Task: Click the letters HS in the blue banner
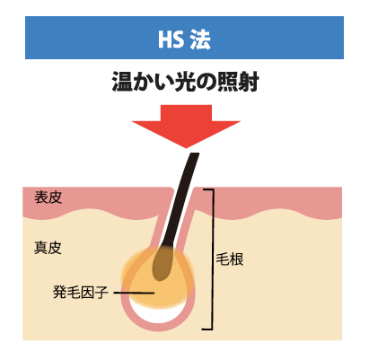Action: click(171, 40)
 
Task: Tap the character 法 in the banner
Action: click(200, 40)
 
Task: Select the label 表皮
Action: click(48, 198)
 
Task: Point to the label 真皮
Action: click(48, 248)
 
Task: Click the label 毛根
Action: click(230, 259)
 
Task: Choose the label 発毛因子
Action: click(80, 292)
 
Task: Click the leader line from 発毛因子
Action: click(134, 293)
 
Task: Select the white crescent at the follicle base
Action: click(158, 314)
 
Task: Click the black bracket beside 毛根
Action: click(213, 259)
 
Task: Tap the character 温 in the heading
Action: click(122, 82)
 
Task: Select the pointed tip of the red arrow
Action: click(186, 148)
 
